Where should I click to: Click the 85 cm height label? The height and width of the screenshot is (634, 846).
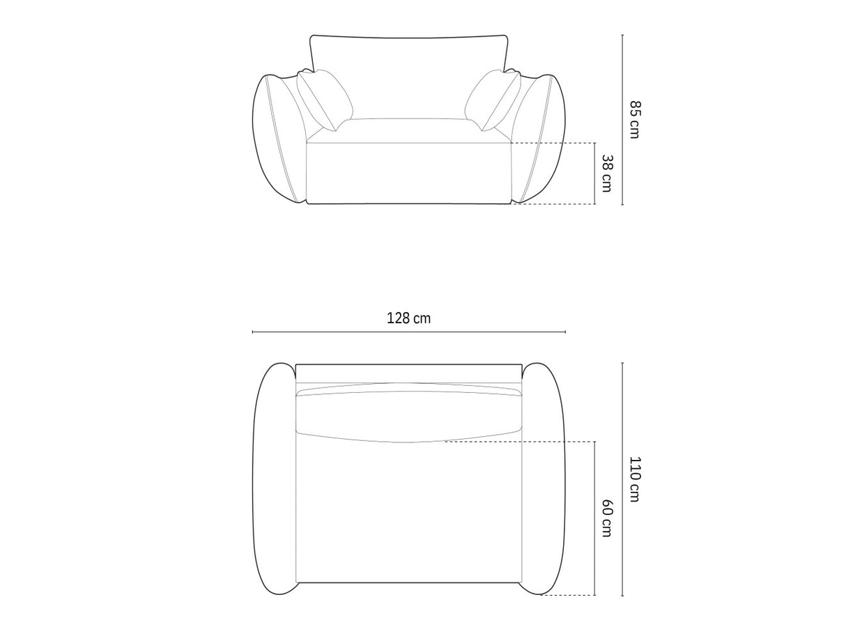[635, 119]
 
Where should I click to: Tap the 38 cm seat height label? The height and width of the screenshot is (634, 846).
[607, 173]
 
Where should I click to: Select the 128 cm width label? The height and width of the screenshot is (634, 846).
[408, 318]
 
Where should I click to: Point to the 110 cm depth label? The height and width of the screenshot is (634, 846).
[635, 479]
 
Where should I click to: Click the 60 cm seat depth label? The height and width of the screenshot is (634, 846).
[607, 518]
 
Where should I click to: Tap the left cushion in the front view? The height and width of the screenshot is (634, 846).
[325, 100]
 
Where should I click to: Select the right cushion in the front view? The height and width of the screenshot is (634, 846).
[493, 100]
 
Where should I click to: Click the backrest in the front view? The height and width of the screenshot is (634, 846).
[408, 77]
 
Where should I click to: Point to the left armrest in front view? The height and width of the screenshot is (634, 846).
[278, 139]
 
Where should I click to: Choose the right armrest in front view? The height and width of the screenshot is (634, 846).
[539, 139]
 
